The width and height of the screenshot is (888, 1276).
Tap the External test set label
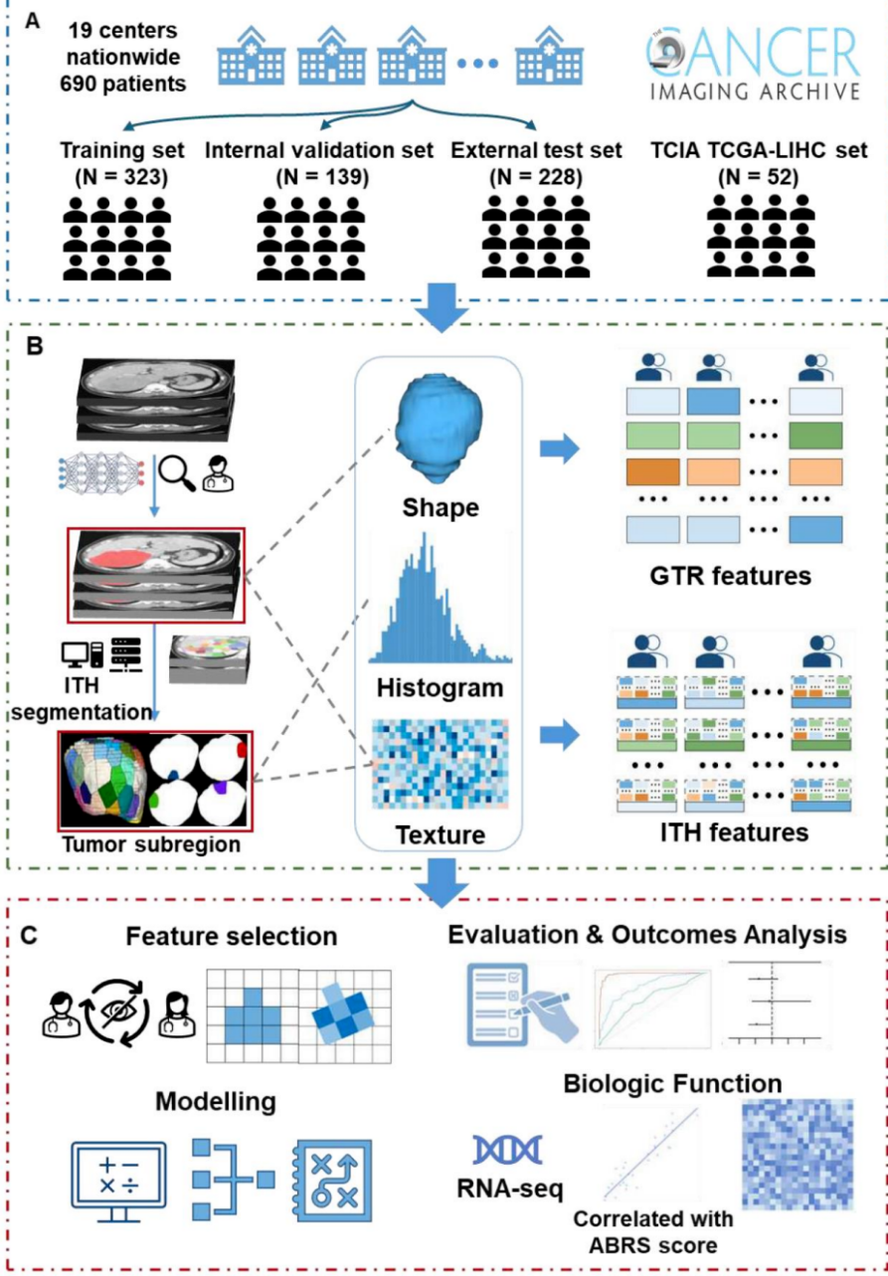click(536, 151)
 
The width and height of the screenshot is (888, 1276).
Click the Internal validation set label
click(319, 151)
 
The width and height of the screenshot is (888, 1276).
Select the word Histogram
click(439, 688)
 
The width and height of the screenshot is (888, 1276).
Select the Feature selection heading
click(231, 937)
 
